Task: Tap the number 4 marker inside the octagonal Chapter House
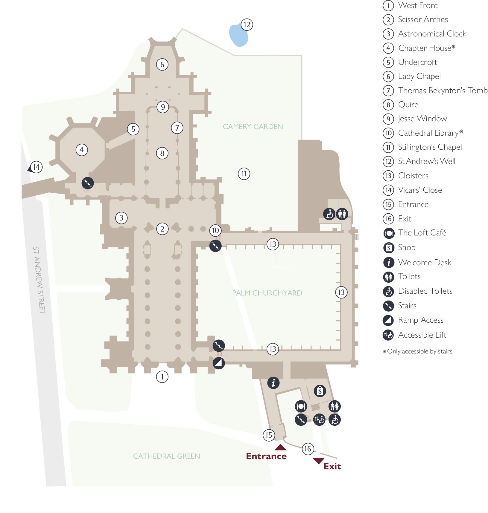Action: click(82, 150)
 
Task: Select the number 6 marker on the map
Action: click(162, 64)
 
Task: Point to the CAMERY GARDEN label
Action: click(253, 126)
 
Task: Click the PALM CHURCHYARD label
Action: click(267, 293)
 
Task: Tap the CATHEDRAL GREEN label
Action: click(166, 456)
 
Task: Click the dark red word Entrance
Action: click(266, 456)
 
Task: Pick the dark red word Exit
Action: click(332, 466)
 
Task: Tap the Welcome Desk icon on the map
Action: click(273, 383)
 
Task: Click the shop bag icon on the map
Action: click(320, 391)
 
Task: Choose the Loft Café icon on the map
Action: click(301, 406)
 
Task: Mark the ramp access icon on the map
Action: click(219, 363)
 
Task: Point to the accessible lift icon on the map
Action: click(320, 420)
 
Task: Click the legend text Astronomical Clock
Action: click(432, 34)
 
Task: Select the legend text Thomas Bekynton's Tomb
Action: click(443, 90)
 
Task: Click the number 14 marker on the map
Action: click(36, 167)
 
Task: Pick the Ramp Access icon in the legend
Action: click(388, 320)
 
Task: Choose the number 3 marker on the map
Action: click(121, 218)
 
